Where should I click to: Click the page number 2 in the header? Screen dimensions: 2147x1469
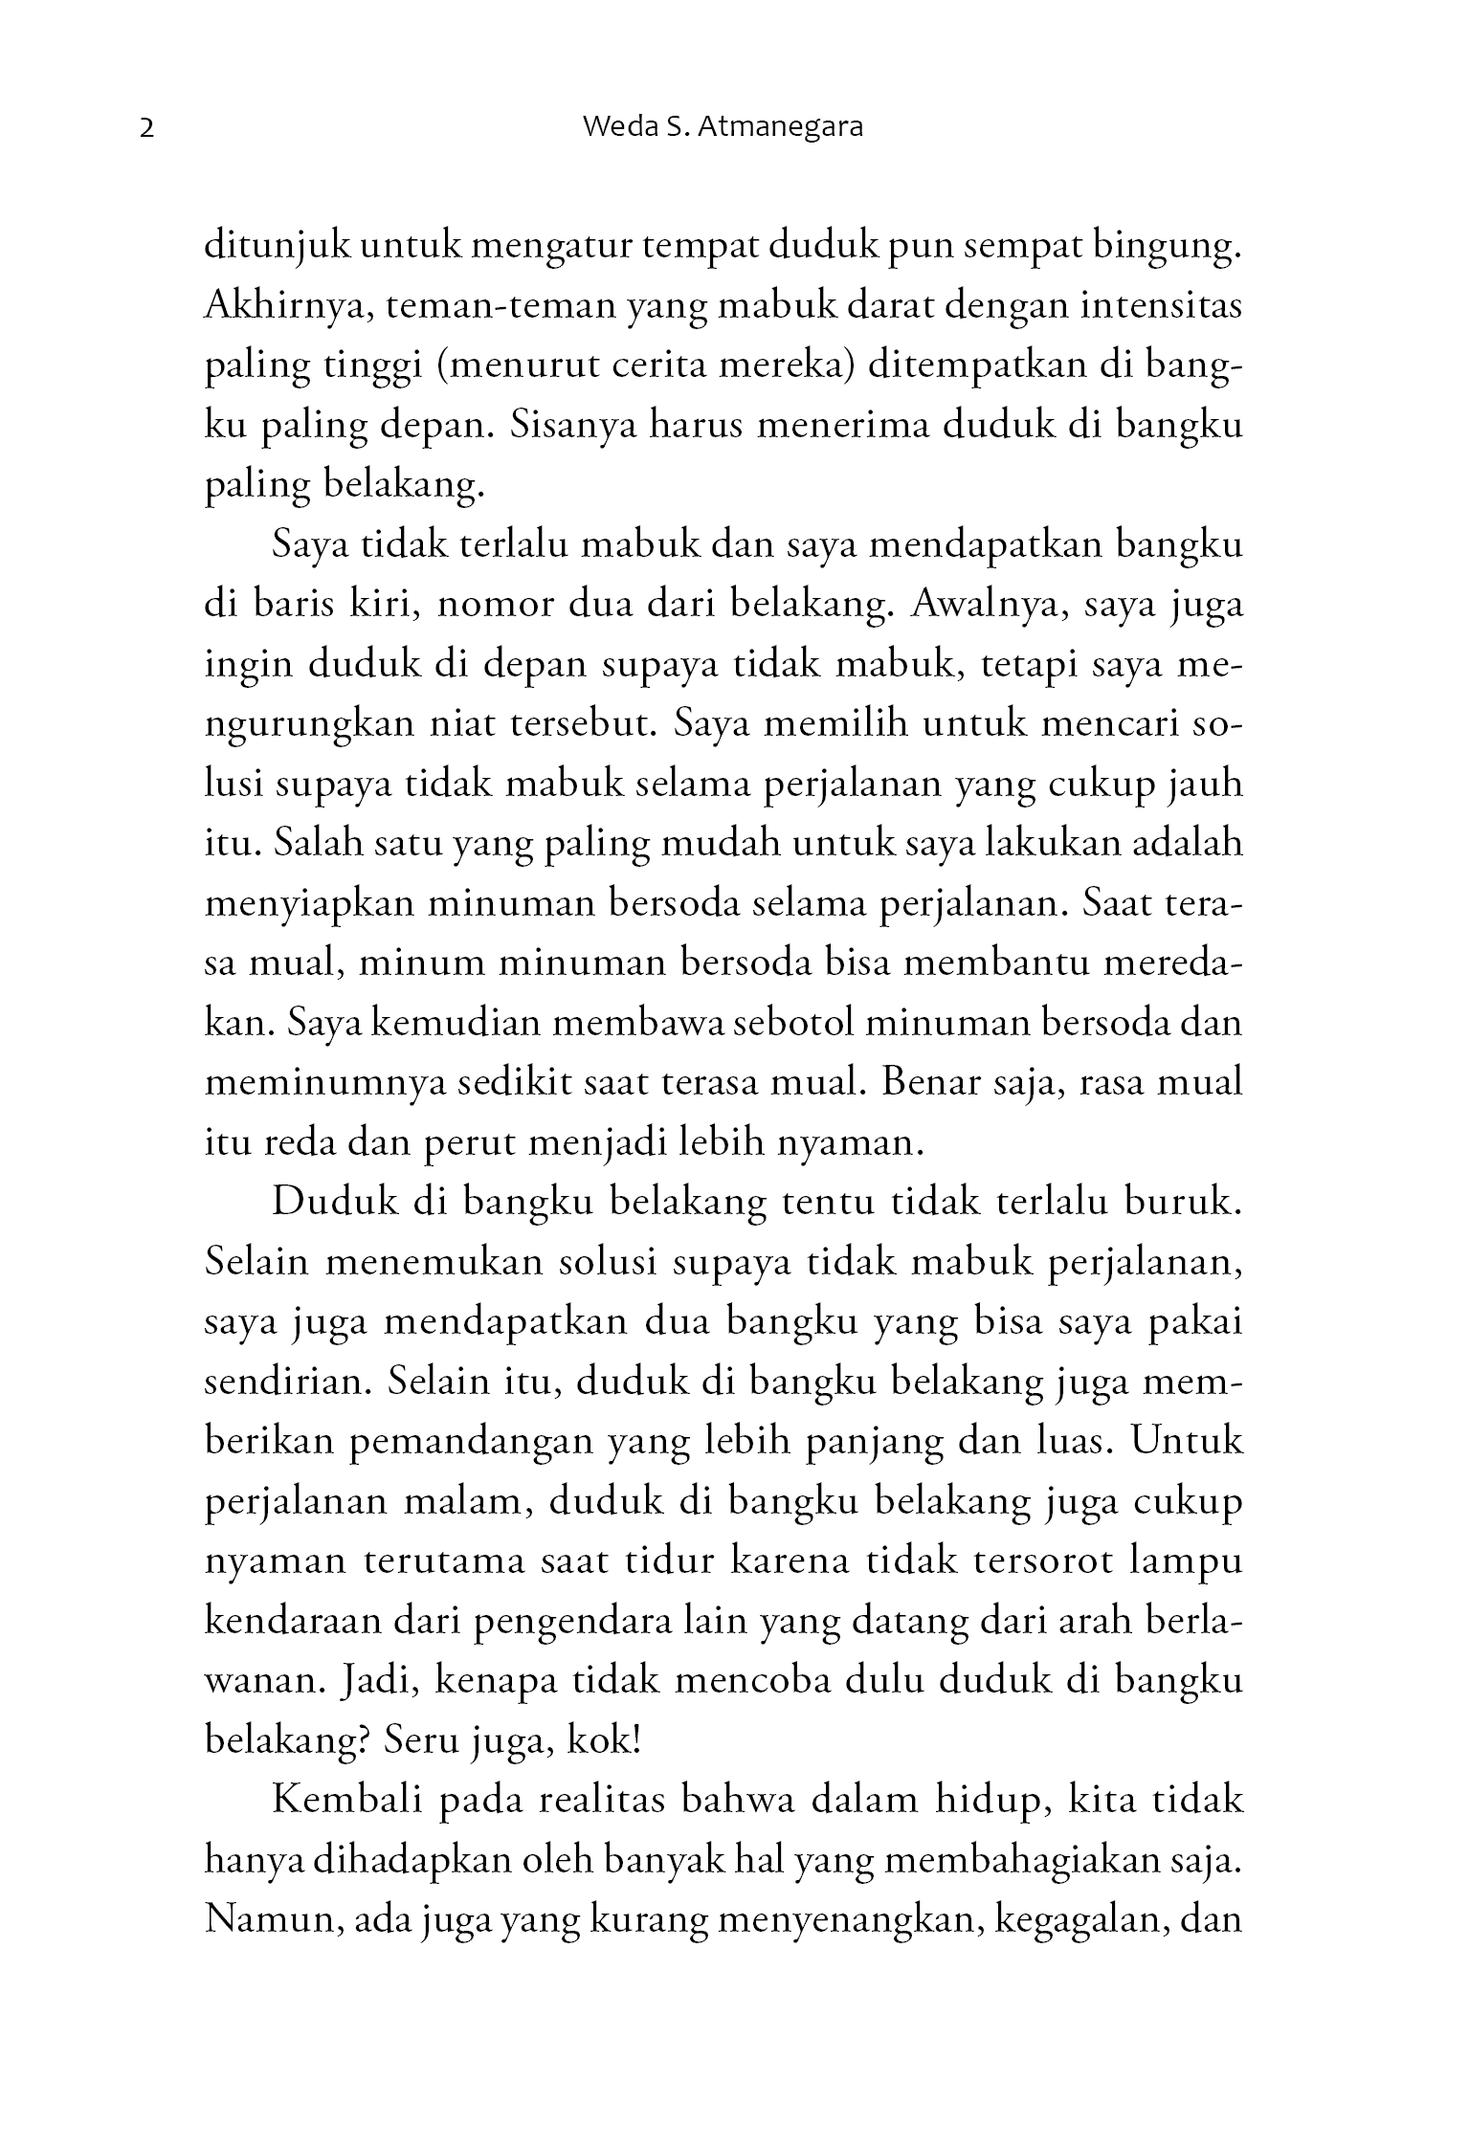tap(146, 128)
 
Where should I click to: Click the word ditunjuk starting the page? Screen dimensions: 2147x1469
tap(274, 248)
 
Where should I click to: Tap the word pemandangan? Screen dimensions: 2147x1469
tap(472, 1442)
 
